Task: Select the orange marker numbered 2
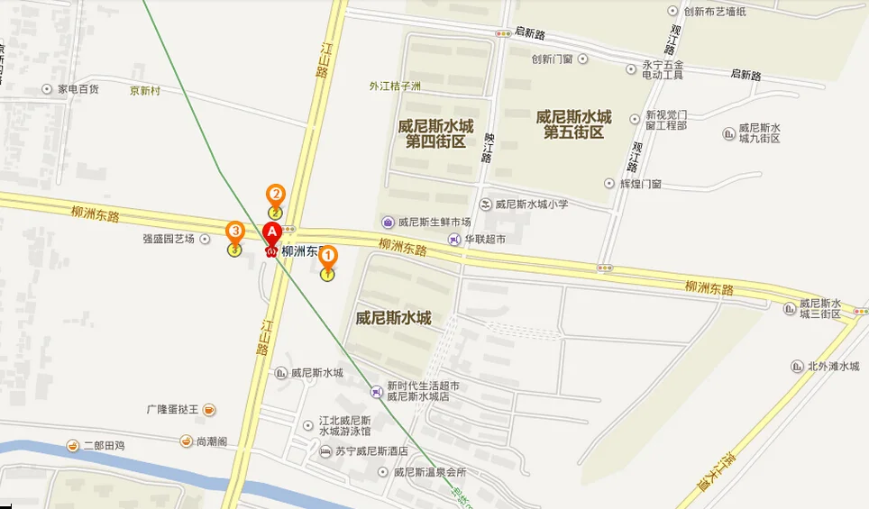tap(275, 195)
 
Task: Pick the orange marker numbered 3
tap(234, 232)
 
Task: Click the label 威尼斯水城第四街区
tap(435, 133)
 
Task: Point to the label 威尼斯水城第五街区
tap(573, 124)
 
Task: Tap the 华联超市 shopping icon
tap(454, 239)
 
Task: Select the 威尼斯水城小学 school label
tap(531, 205)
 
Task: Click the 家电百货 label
tap(78, 89)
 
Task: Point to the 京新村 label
tap(144, 91)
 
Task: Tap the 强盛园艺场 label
tap(169, 239)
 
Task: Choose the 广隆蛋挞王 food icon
tap(209, 410)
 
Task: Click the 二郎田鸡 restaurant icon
tap(72, 445)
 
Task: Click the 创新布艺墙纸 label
tap(715, 12)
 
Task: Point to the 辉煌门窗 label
tap(640, 184)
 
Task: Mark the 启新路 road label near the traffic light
tap(530, 34)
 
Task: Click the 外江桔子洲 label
tap(395, 86)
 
